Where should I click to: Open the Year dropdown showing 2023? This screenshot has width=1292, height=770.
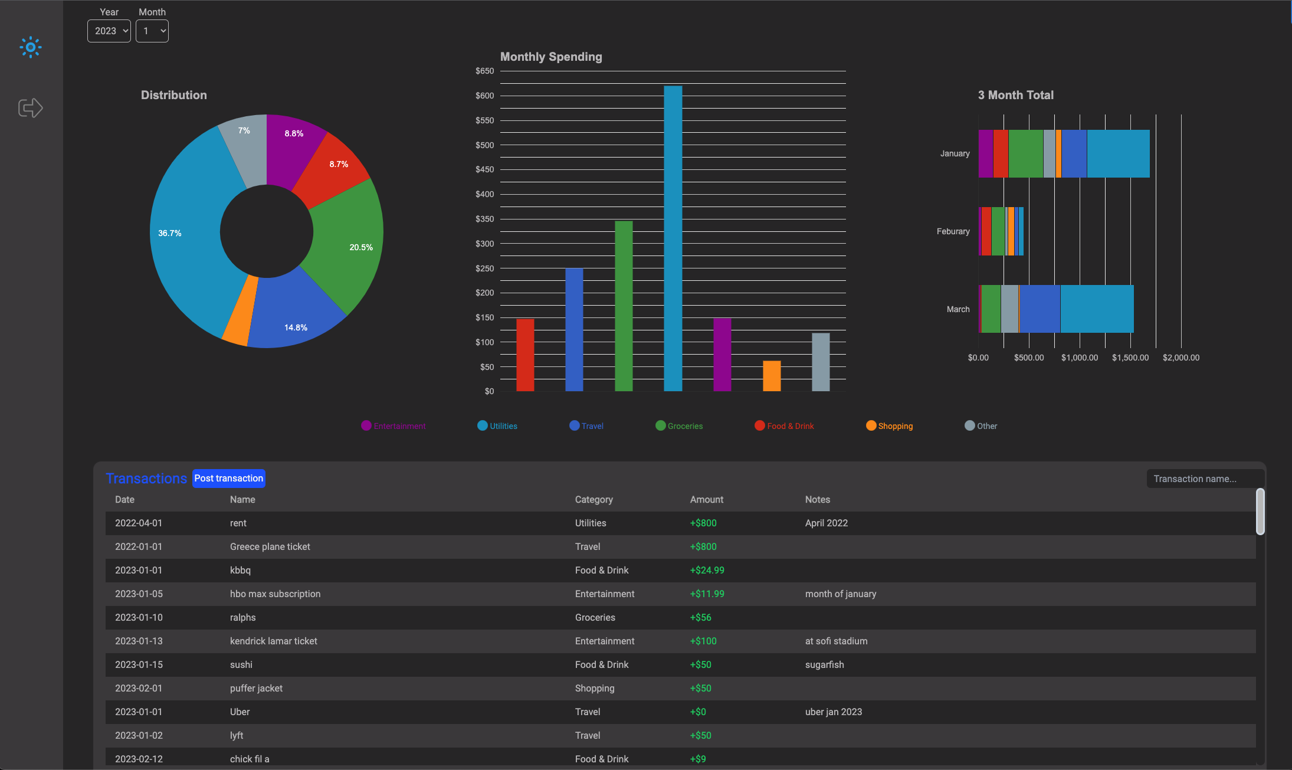click(x=109, y=31)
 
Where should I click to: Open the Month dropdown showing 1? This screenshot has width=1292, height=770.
click(x=152, y=31)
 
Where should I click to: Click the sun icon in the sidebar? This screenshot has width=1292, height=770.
click(x=31, y=47)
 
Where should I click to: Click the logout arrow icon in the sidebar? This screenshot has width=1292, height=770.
click(x=31, y=108)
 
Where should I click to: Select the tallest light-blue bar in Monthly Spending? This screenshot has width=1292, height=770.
click(x=673, y=236)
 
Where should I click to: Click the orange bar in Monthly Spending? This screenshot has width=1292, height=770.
click(x=772, y=376)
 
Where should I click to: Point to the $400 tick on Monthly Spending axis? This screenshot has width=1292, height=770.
click(x=485, y=194)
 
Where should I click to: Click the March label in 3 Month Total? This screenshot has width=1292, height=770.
click(x=958, y=309)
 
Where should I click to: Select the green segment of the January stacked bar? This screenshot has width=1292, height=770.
click(x=1025, y=153)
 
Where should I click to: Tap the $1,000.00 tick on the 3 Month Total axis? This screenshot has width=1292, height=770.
click(x=1080, y=358)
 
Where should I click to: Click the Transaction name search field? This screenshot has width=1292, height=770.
click(x=1204, y=479)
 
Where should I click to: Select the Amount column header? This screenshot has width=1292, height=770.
click(x=707, y=500)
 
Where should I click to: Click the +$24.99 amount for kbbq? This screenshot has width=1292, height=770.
click(x=707, y=571)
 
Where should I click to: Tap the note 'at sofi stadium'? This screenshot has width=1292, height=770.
click(x=836, y=641)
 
